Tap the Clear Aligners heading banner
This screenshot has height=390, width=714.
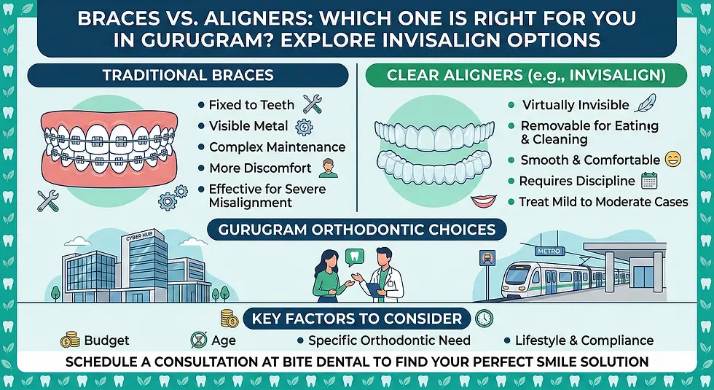[527, 75]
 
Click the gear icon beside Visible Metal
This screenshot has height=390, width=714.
[305, 126]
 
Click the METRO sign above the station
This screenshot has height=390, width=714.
[547, 251]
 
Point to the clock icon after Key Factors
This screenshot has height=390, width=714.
[484, 318]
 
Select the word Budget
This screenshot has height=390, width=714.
[106, 340]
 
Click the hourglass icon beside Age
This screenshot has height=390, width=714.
[196, 340]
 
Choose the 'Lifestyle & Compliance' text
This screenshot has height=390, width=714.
[584, 340]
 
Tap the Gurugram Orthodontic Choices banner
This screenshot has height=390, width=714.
[356, 230]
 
